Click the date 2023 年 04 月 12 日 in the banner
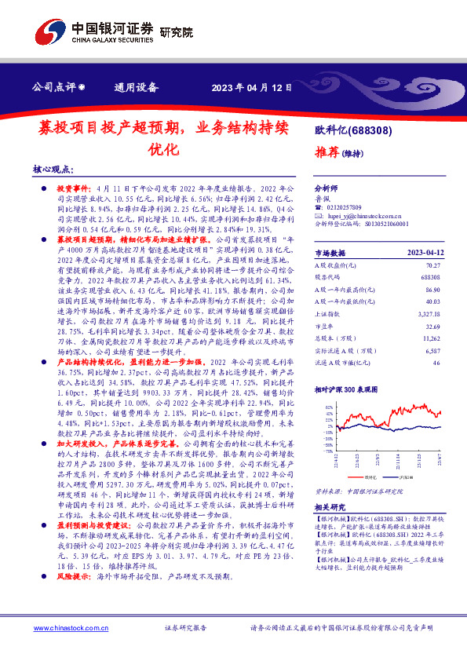pos(251,87)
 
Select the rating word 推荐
pos(327,152)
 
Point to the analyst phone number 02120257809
pos(343,206)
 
